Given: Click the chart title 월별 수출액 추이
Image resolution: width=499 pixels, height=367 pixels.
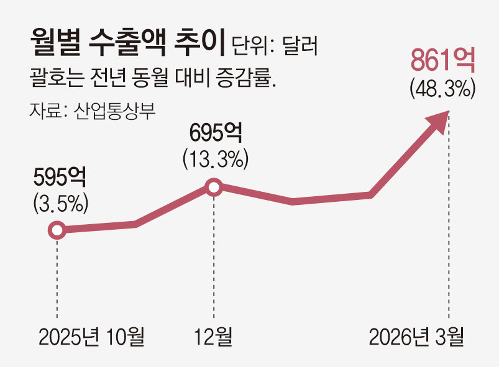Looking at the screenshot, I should pyautogui.click(x=127, y=45).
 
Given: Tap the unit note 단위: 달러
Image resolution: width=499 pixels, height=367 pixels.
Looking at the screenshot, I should pyautogui.click(x=274, y=47).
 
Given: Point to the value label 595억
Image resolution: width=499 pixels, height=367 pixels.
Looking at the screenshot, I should pyautogui.click(x=60, y=178).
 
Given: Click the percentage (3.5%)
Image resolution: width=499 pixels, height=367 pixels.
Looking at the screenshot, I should pyautogui.click(x=60, y=203).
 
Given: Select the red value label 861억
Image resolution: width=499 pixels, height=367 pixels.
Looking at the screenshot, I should pyautogui.click(x=442, y=62).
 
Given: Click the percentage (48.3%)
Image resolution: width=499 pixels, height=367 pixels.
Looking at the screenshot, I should pyautogui.click(x=442, y=89).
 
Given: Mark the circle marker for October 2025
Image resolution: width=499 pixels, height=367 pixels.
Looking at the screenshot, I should pyautogui.click(x=57, y=231).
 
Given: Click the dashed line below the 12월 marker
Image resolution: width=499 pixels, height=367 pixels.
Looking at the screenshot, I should pyautogui.click(x=214, y=261).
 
